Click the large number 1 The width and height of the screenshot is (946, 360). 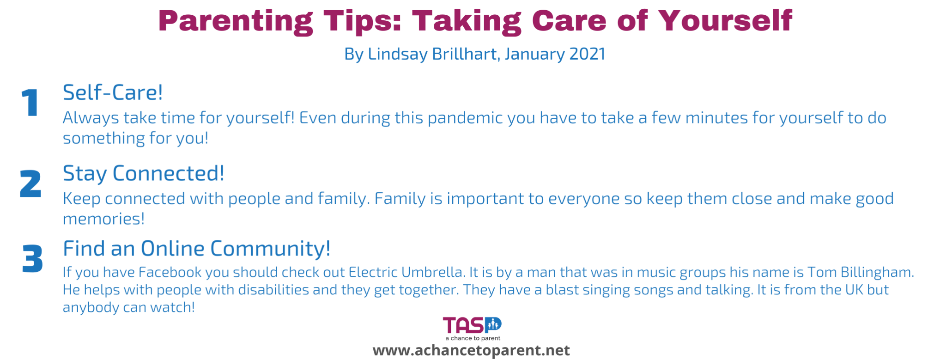pyautogui.click(x=30, y=103)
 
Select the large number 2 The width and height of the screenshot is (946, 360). pyautogui.click(x=30, y=184)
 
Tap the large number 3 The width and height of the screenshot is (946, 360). pyautogui.click(x=32, y=259)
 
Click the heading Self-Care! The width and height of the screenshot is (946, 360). pyautogui.click(x=113, y=92)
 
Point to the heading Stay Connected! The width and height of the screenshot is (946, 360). pyautogui.click(x=144, y=173)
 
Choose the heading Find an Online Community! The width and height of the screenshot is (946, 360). pyautogui.click(x=197, y=248)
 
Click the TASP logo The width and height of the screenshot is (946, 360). pyautogui.click(x=472, y=325)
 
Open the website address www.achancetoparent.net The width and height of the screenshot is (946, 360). pyautogui.click(x=471, y=350)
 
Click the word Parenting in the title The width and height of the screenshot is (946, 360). pyautogui.click(x=235, y=21)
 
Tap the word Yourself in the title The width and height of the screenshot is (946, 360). pyautogui.click(x=725, y=21)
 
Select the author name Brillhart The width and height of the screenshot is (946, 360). pyautogui.click(x=464, y=54)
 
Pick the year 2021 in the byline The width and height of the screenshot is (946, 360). pyautogui.click(x=587, y=54)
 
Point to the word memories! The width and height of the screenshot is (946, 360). pyautogui.click(x=104, y=219)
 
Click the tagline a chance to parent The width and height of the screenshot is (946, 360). pyautogui.click(x=473, y=338)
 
